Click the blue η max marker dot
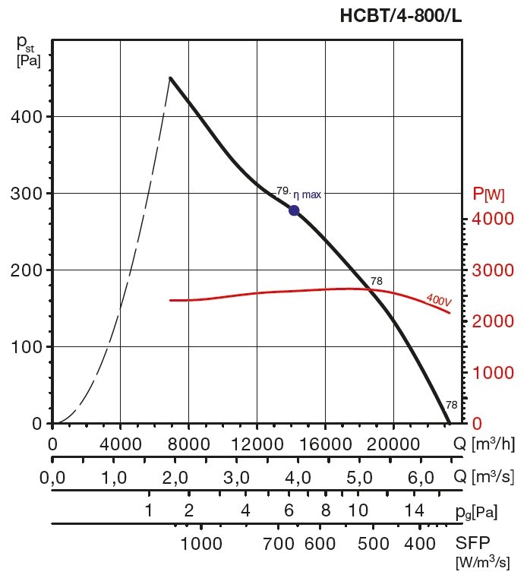[x=294, y=210]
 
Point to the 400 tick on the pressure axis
[x=27, y=117]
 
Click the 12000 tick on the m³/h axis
[x=256, y=443]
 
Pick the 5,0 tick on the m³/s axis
[x=359, y=478]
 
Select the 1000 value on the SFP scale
[x=201, y=544]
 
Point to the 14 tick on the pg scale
[x=414, y=510]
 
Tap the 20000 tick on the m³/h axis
[x=393, y=443]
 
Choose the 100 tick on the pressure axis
[x=27, y=347]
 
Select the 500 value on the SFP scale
[x=372, y=544]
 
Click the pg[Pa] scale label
[x=477, y=512]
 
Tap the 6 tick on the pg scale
[x=289, y=510]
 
